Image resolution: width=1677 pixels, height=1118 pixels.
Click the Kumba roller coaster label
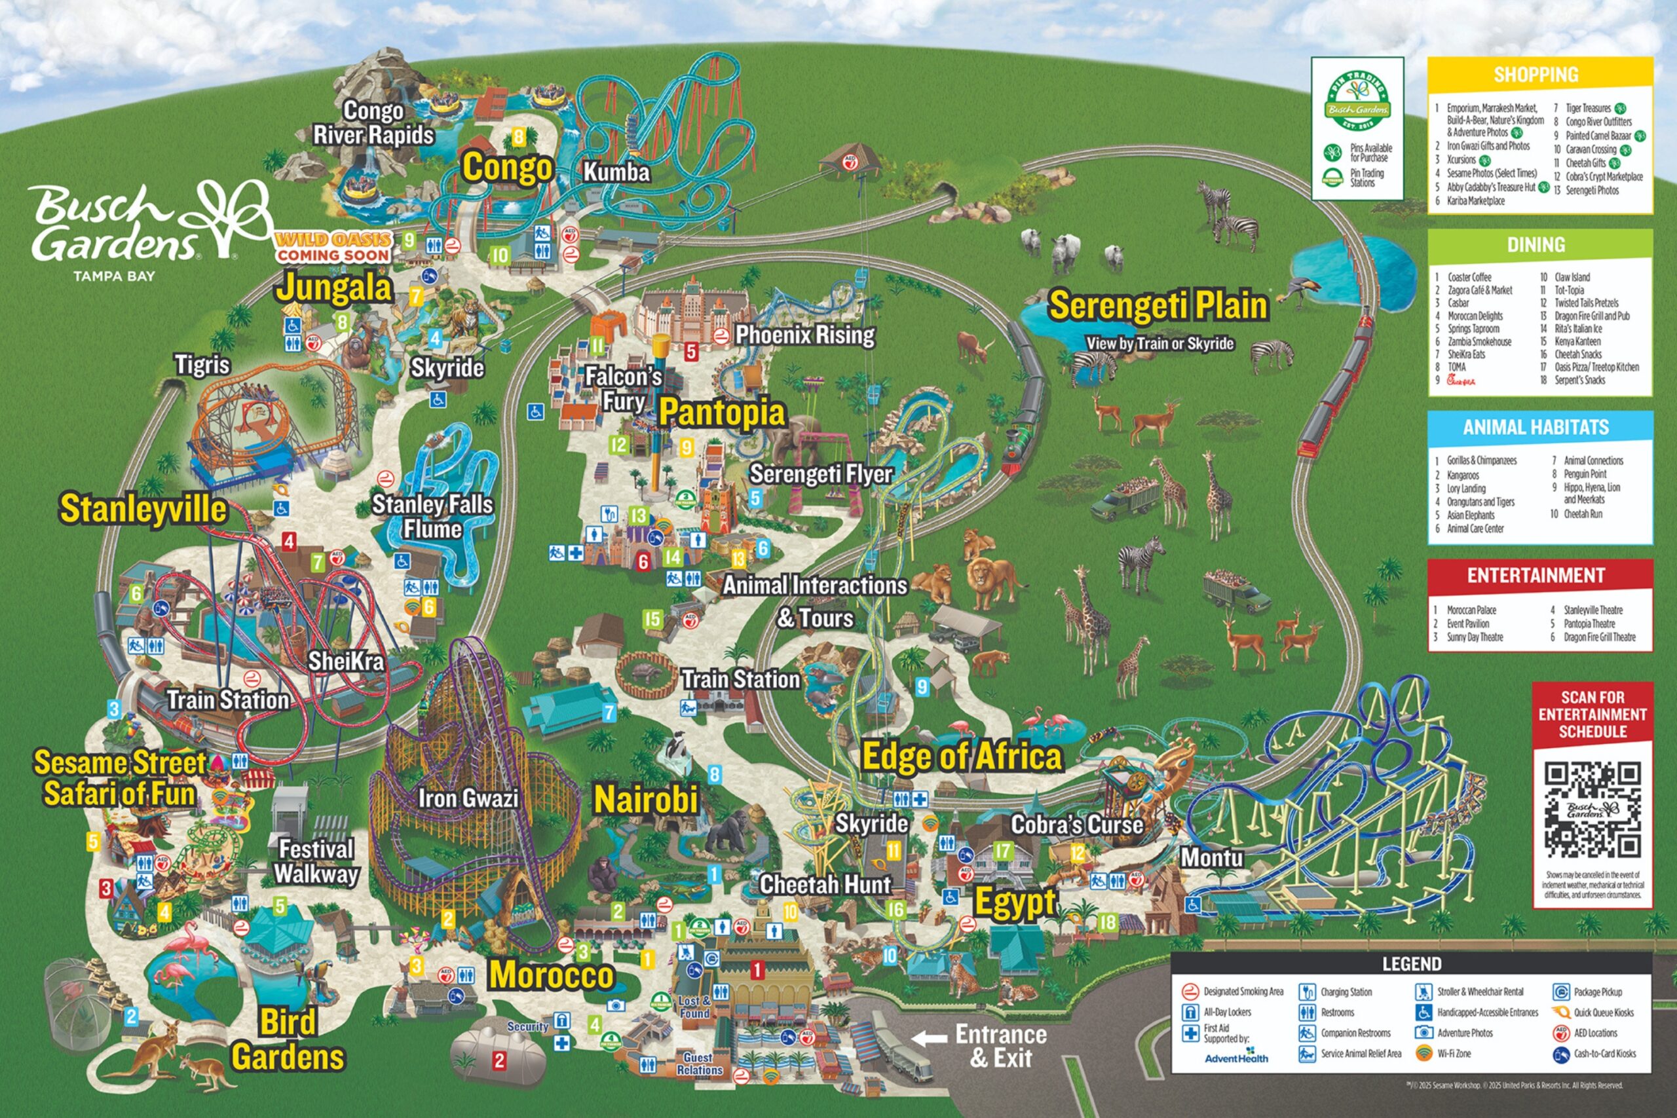(x=616, y=172)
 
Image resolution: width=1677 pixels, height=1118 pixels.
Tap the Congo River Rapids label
(x=373, y=122)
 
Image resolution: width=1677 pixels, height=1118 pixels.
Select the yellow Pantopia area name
(x=721, y=412)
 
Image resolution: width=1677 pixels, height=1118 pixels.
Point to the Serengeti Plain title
(x=1158, y=305)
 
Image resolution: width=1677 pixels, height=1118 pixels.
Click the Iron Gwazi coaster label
(x=468, y=798)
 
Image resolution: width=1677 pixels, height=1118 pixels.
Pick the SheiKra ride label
(x=346, y=661)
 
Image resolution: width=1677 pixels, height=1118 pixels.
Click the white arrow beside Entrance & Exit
(x=929, y=1038)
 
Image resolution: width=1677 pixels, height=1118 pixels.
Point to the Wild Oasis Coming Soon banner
(x=333, y=248)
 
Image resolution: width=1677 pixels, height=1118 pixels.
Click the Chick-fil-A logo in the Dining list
(x=1460, y=381)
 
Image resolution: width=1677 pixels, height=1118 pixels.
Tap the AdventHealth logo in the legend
(x=1235, y=1059)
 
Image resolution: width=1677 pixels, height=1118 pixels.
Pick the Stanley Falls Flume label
(x=432, y=516)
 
